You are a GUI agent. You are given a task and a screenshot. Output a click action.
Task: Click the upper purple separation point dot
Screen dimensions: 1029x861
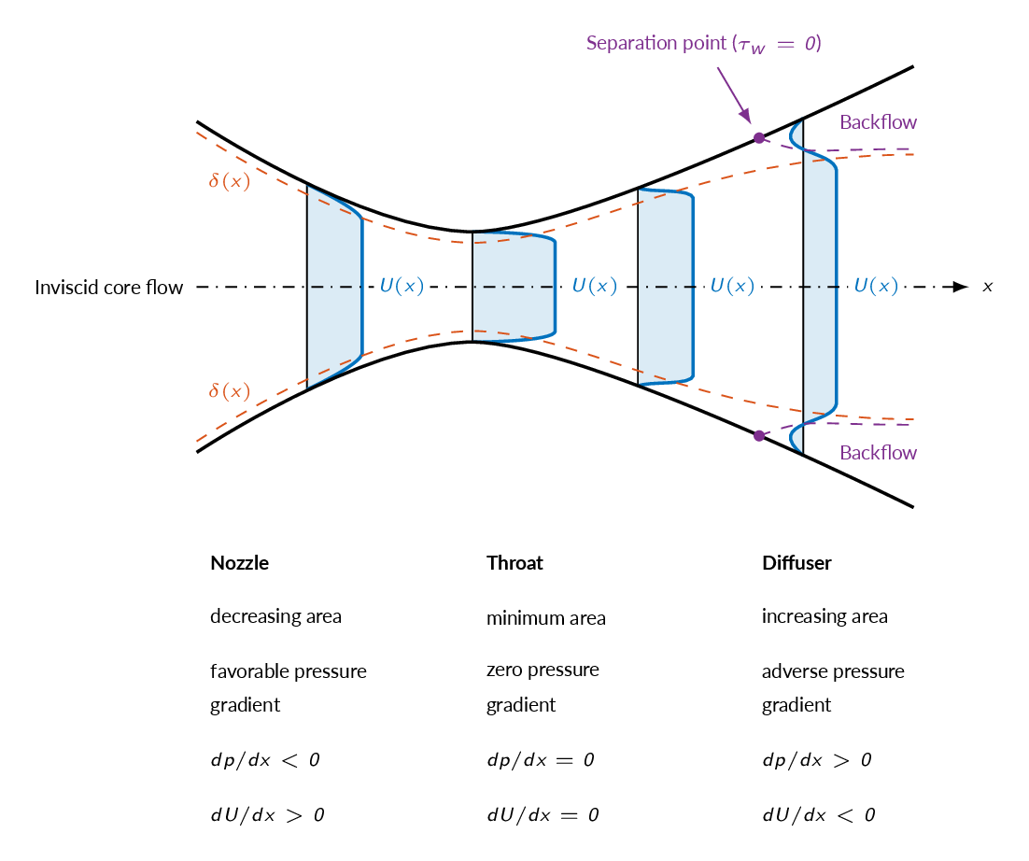pos(759,138)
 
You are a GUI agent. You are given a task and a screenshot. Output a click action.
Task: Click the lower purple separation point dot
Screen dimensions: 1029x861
pos(759,436)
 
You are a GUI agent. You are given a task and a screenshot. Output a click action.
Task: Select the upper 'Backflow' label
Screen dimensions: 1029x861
pos(878,122)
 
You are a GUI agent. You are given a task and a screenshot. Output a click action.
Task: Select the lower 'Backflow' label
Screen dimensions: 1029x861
pos(878,453)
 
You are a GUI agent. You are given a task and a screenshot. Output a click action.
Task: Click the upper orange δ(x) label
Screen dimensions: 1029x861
pos(230,180)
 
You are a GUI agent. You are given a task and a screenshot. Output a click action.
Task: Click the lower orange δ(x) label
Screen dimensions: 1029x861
pos(230,391)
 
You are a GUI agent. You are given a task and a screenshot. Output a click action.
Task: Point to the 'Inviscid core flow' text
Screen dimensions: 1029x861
pos(109,288)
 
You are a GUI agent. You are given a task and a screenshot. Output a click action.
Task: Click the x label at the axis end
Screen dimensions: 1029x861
pos(987,287)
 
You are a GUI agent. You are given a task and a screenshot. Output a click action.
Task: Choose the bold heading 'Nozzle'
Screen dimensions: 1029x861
pos(240,563)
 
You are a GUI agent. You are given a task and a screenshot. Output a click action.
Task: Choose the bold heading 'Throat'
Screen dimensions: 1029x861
pos(514,563)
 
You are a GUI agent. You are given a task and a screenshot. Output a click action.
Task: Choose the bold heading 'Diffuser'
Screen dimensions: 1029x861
pos(796,563)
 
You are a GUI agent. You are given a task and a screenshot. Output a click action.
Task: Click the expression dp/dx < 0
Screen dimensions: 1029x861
pos(265,760)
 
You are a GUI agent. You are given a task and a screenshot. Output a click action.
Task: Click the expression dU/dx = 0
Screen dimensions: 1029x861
pos(543,815)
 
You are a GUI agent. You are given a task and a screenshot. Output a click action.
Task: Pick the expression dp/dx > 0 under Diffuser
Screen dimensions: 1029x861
pos(817,760)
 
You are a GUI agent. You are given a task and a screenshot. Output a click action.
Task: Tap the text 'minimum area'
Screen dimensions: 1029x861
pos(546,618)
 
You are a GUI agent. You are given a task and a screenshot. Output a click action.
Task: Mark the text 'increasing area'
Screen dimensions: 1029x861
pos(825,617)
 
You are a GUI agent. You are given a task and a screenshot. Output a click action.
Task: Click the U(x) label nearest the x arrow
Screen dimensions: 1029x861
pos(876,286)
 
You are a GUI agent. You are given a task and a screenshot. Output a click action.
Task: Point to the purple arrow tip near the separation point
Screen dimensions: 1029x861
pos(750,122)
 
